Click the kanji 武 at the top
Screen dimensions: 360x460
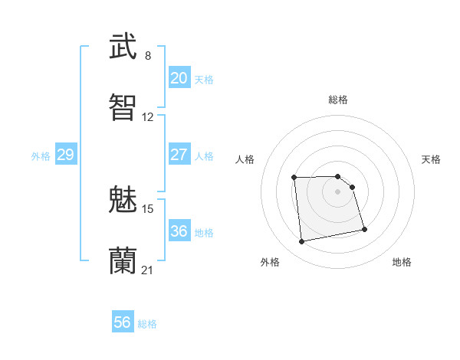click(123, 45)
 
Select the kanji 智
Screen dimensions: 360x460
click(123, 107)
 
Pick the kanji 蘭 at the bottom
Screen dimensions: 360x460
click(123, 260)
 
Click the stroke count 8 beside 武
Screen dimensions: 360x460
click(147, 56)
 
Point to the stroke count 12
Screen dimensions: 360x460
click(148, 117)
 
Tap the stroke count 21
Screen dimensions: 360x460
click(148, 270)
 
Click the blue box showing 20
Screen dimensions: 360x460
click(179, 78)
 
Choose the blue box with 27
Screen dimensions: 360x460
click(179, 155)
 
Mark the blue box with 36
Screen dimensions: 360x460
click(179, 231)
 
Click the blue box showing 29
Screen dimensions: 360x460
click(65, 155)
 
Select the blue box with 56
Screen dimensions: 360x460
click(123, 323)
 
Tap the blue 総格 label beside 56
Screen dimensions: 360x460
click(147, 324)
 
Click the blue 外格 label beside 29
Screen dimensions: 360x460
click(41, 156)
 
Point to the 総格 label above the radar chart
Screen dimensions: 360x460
click(338, 100)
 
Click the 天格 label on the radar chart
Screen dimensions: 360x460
click(432, 159)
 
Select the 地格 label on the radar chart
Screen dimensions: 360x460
click(402, 263)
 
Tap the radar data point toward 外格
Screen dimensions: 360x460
click(302, 242)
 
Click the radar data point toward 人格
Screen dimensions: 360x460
click(294, 178)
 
